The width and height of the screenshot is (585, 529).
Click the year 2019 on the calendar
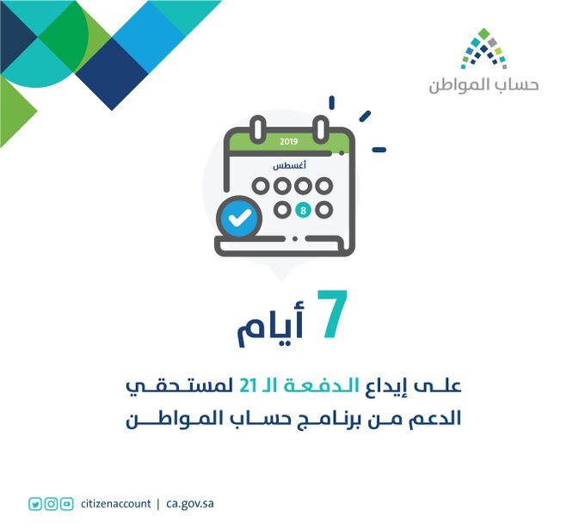click(x=289, y=142)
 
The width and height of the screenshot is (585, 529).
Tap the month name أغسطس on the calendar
click(x=290, y=165)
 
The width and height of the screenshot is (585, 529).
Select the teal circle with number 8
click(x=303, y=210)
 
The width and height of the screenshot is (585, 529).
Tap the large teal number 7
click(x=333, y=314)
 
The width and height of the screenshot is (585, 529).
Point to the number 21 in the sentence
click(x=248, y=385)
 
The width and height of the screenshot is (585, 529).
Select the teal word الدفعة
click(x=321, y=385)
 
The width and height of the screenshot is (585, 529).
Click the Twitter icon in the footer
click(x=35, y=504)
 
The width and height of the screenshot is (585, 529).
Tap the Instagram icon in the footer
click(x=51, y=504)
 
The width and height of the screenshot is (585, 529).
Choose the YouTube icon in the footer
click(x=67, y=504)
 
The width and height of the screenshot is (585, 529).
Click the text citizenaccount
click(x=115, y=504)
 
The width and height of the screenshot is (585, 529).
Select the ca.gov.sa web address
click(x=190, y=504)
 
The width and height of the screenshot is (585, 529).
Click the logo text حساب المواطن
click(x=483, y=85)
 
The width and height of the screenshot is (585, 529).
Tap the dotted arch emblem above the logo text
click(x=483, y=48)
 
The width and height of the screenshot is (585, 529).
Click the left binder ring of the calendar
click(x=258, y=129)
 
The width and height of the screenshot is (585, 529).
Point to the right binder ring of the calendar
click(x=321, y=129)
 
